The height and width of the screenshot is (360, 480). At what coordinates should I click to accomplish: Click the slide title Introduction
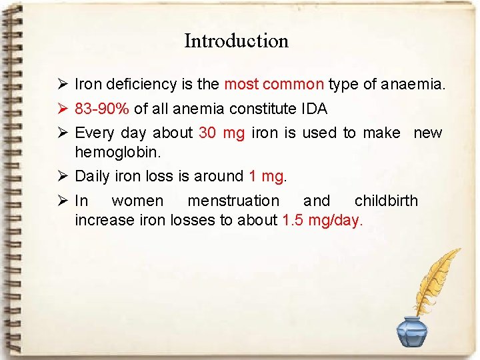coord(236,41)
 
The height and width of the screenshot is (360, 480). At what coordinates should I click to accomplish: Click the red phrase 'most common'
coord(274,85)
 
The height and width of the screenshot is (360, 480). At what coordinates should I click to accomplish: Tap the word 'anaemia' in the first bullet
coord(413,85)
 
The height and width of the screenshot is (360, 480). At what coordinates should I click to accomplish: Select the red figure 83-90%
coord(103,109)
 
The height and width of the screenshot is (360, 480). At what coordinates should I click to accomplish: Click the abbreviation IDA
coord(313,109)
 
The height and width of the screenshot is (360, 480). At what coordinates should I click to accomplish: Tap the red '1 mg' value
coord(266,177)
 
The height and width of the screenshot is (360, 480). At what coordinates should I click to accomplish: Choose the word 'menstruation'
coord(233,201)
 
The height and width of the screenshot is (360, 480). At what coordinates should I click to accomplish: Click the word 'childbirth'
coord(386,201)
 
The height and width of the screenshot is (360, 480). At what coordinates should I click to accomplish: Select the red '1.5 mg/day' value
coord(321,221)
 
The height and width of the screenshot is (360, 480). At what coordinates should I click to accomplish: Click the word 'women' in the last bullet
coord(137,201)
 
